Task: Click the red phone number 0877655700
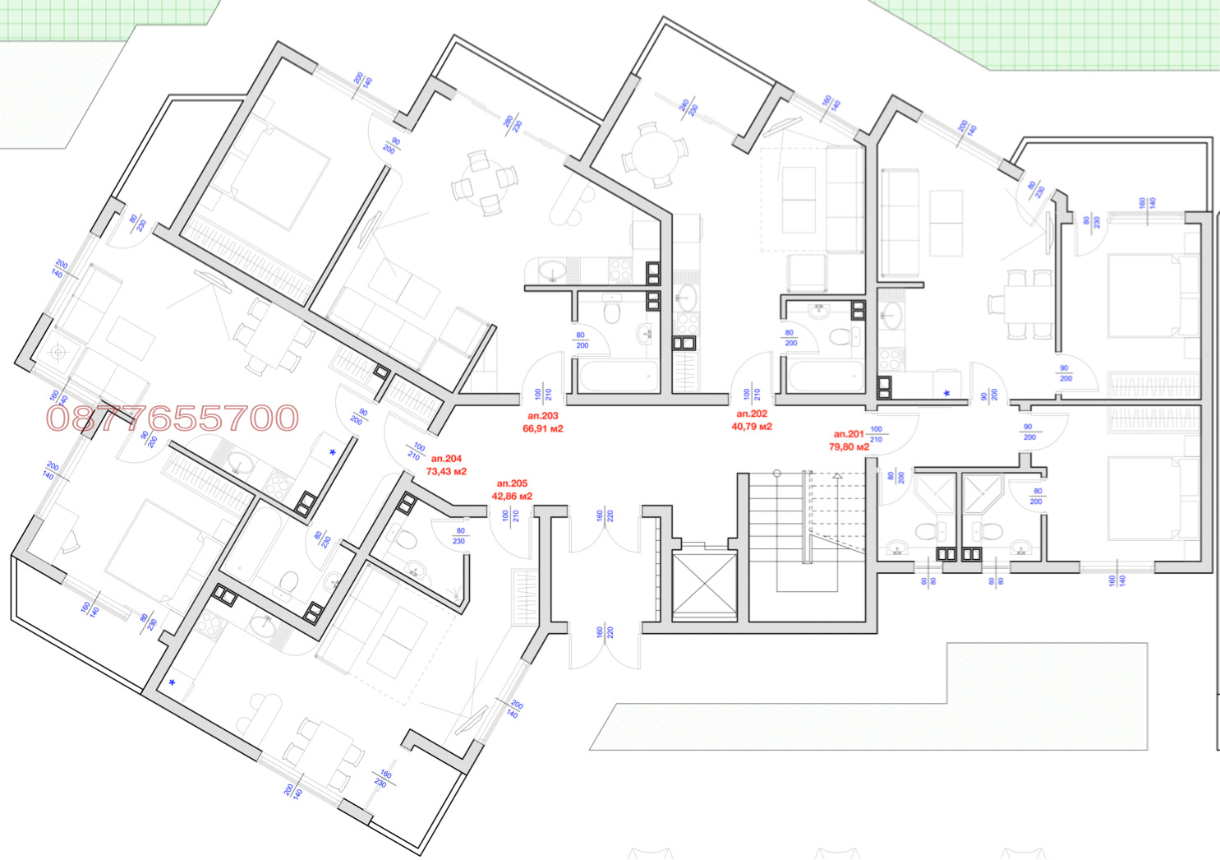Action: pos(173,418)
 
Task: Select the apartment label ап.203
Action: pos(543,417)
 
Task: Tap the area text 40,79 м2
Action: pos(752,427)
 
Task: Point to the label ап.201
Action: pos(849,434)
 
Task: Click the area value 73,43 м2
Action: pos(446,472)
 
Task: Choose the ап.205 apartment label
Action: pos(512,484)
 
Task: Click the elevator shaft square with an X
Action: pos(705,585)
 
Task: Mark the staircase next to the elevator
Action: pos(805,530)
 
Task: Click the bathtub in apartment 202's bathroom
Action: pos(825,377)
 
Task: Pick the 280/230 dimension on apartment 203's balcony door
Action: pos(513,124)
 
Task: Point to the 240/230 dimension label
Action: pos(688,108)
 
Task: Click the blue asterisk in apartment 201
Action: pos(946,394)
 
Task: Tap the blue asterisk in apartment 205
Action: pos(172,682)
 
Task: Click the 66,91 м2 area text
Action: pos(543,429)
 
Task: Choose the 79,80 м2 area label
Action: pos(849,447)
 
